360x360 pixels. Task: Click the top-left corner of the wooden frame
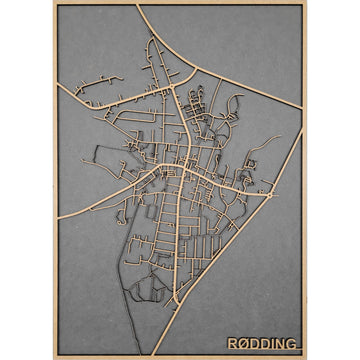pyautogui.click(x=54, y=3)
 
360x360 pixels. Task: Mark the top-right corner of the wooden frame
pyautogui.click(x=306, y=3)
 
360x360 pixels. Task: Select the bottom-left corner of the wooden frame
pyautogui.click(x=54, y=357)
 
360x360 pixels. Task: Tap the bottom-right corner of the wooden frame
pyautogui.click(x=306, y=357)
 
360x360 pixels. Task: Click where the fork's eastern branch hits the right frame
pyautogui.click(x=303, y=108)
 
